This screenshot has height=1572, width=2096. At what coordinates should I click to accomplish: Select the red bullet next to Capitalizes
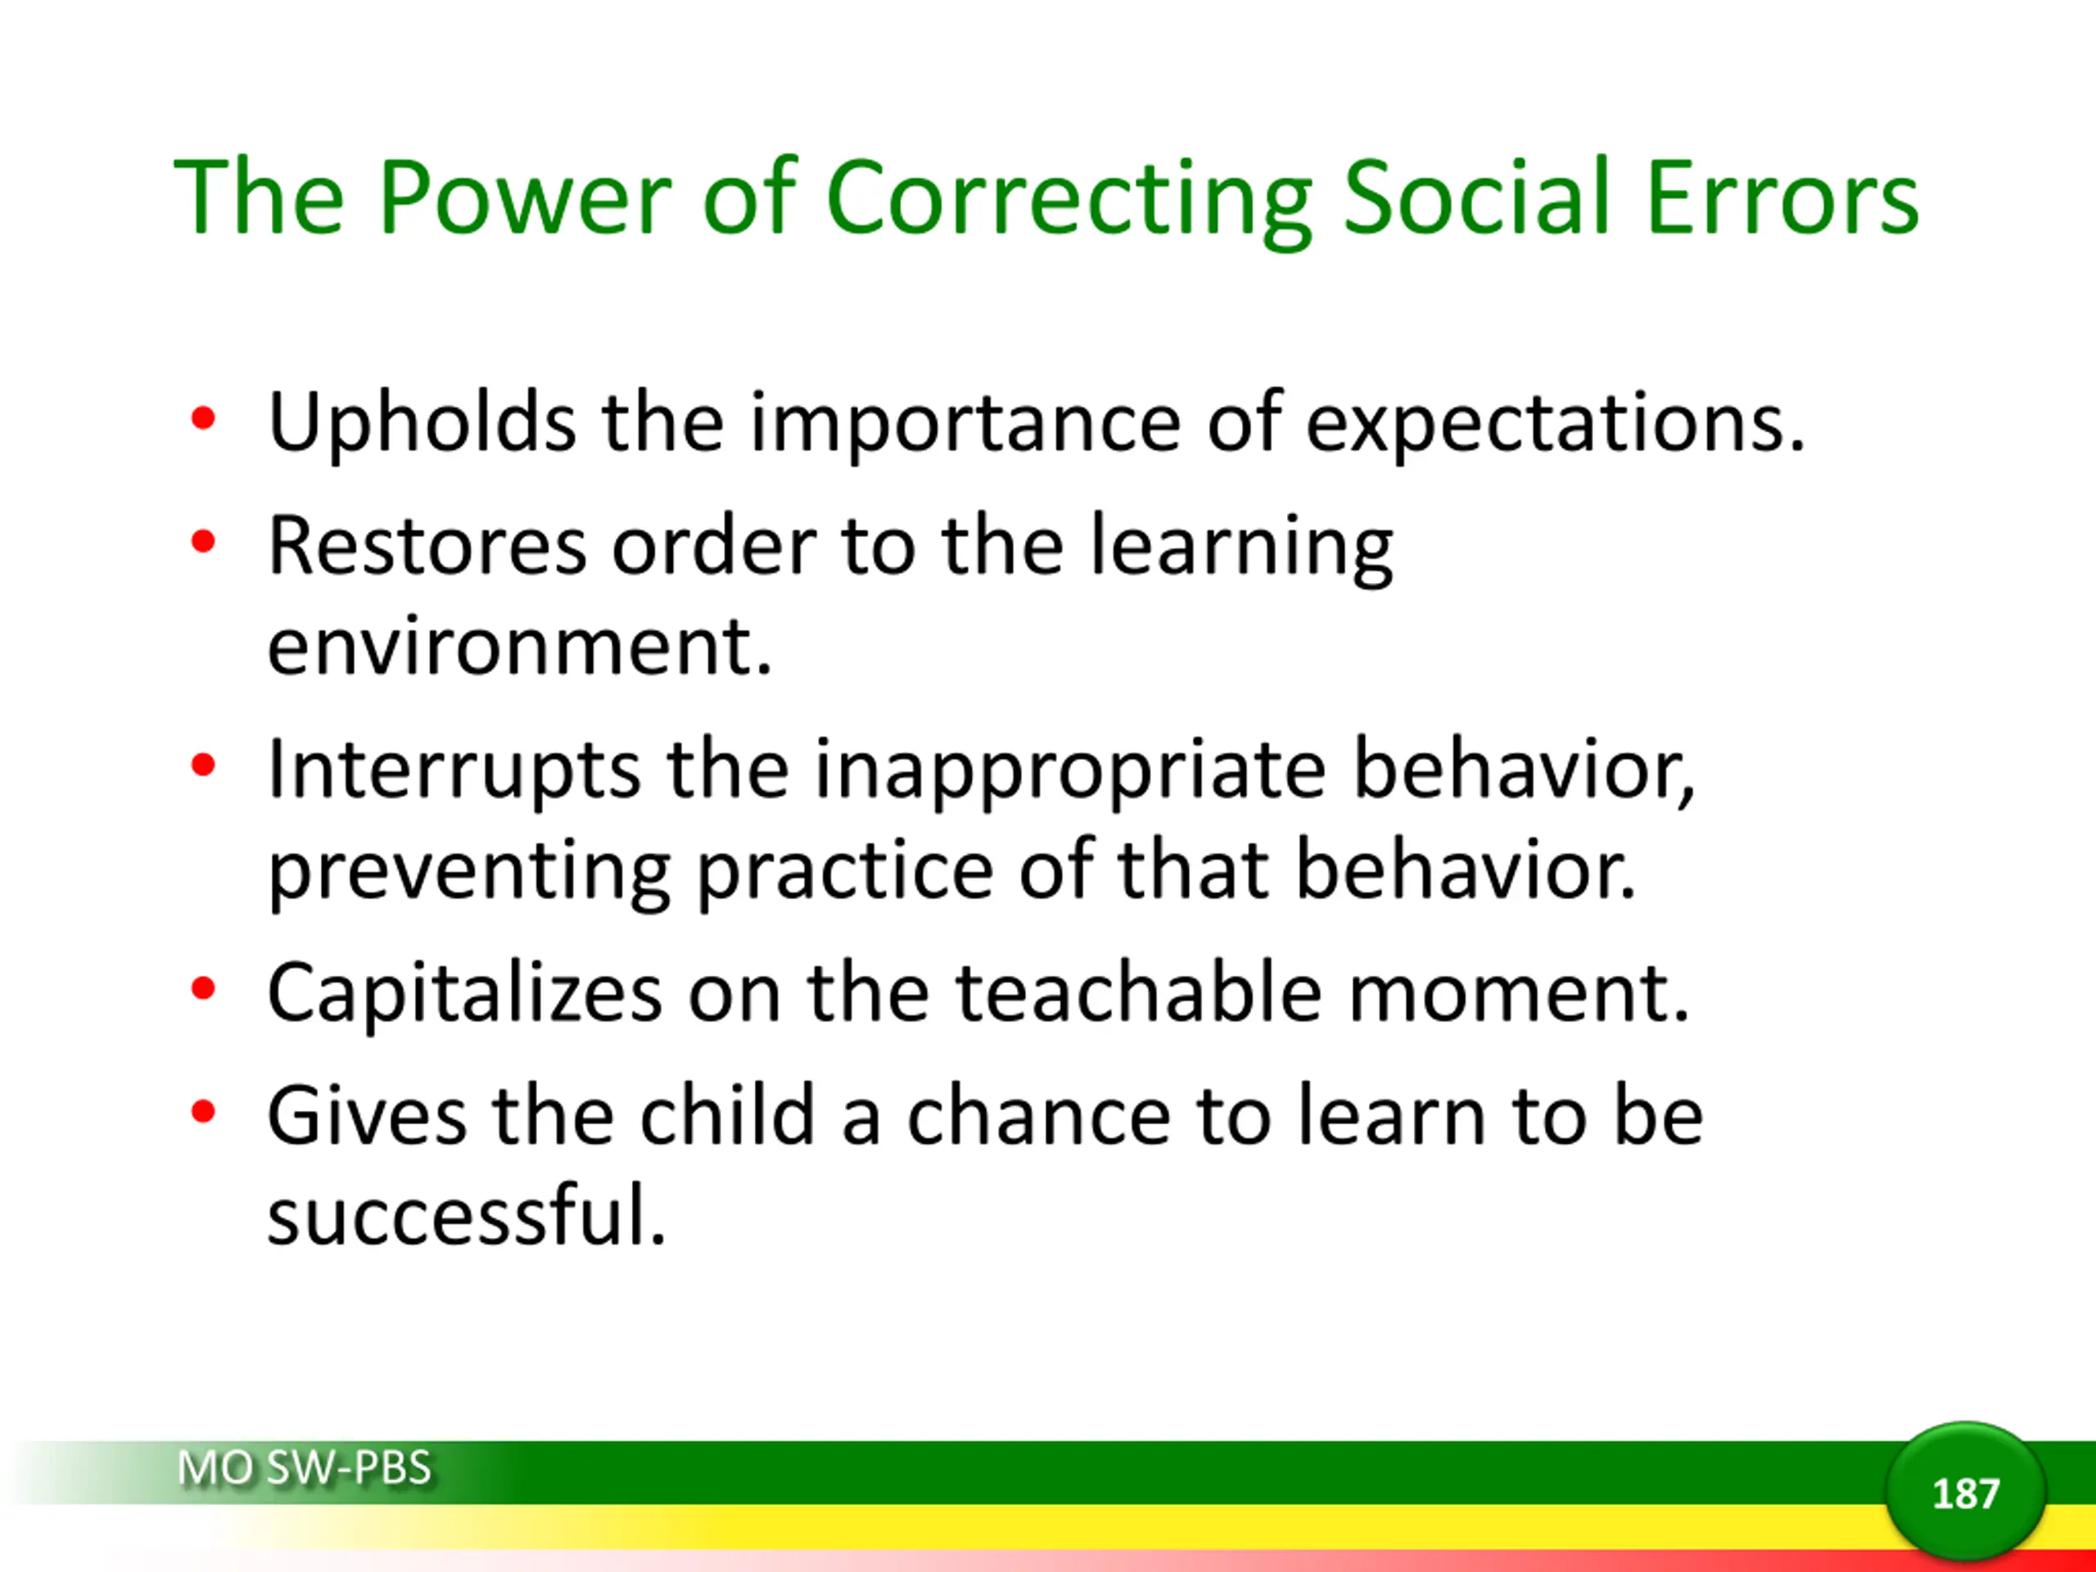pyautogui.click(x=203, y=988)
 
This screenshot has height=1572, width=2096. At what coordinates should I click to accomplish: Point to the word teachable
pyautogui.click(x=1138, y=992)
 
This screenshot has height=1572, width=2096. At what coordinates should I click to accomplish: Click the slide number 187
pyautogui.click(x=1965, y=1494)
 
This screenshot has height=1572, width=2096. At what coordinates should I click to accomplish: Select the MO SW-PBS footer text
pyautogui.click(x=305, y=1468)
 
